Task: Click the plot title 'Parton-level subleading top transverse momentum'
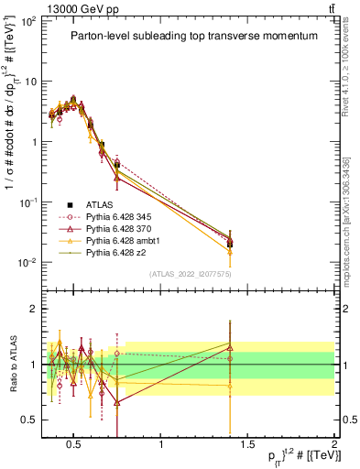click(194, 36)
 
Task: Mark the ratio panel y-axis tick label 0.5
click(29, 420)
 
